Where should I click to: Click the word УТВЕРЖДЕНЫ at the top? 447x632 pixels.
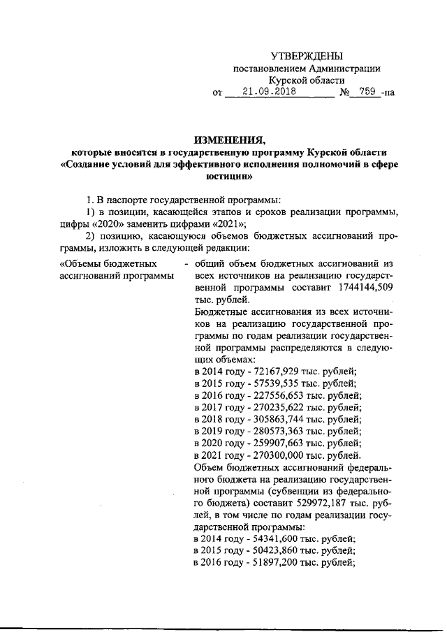307,56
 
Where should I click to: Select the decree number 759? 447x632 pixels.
367,91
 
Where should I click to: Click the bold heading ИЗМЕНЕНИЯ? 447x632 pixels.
223,138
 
